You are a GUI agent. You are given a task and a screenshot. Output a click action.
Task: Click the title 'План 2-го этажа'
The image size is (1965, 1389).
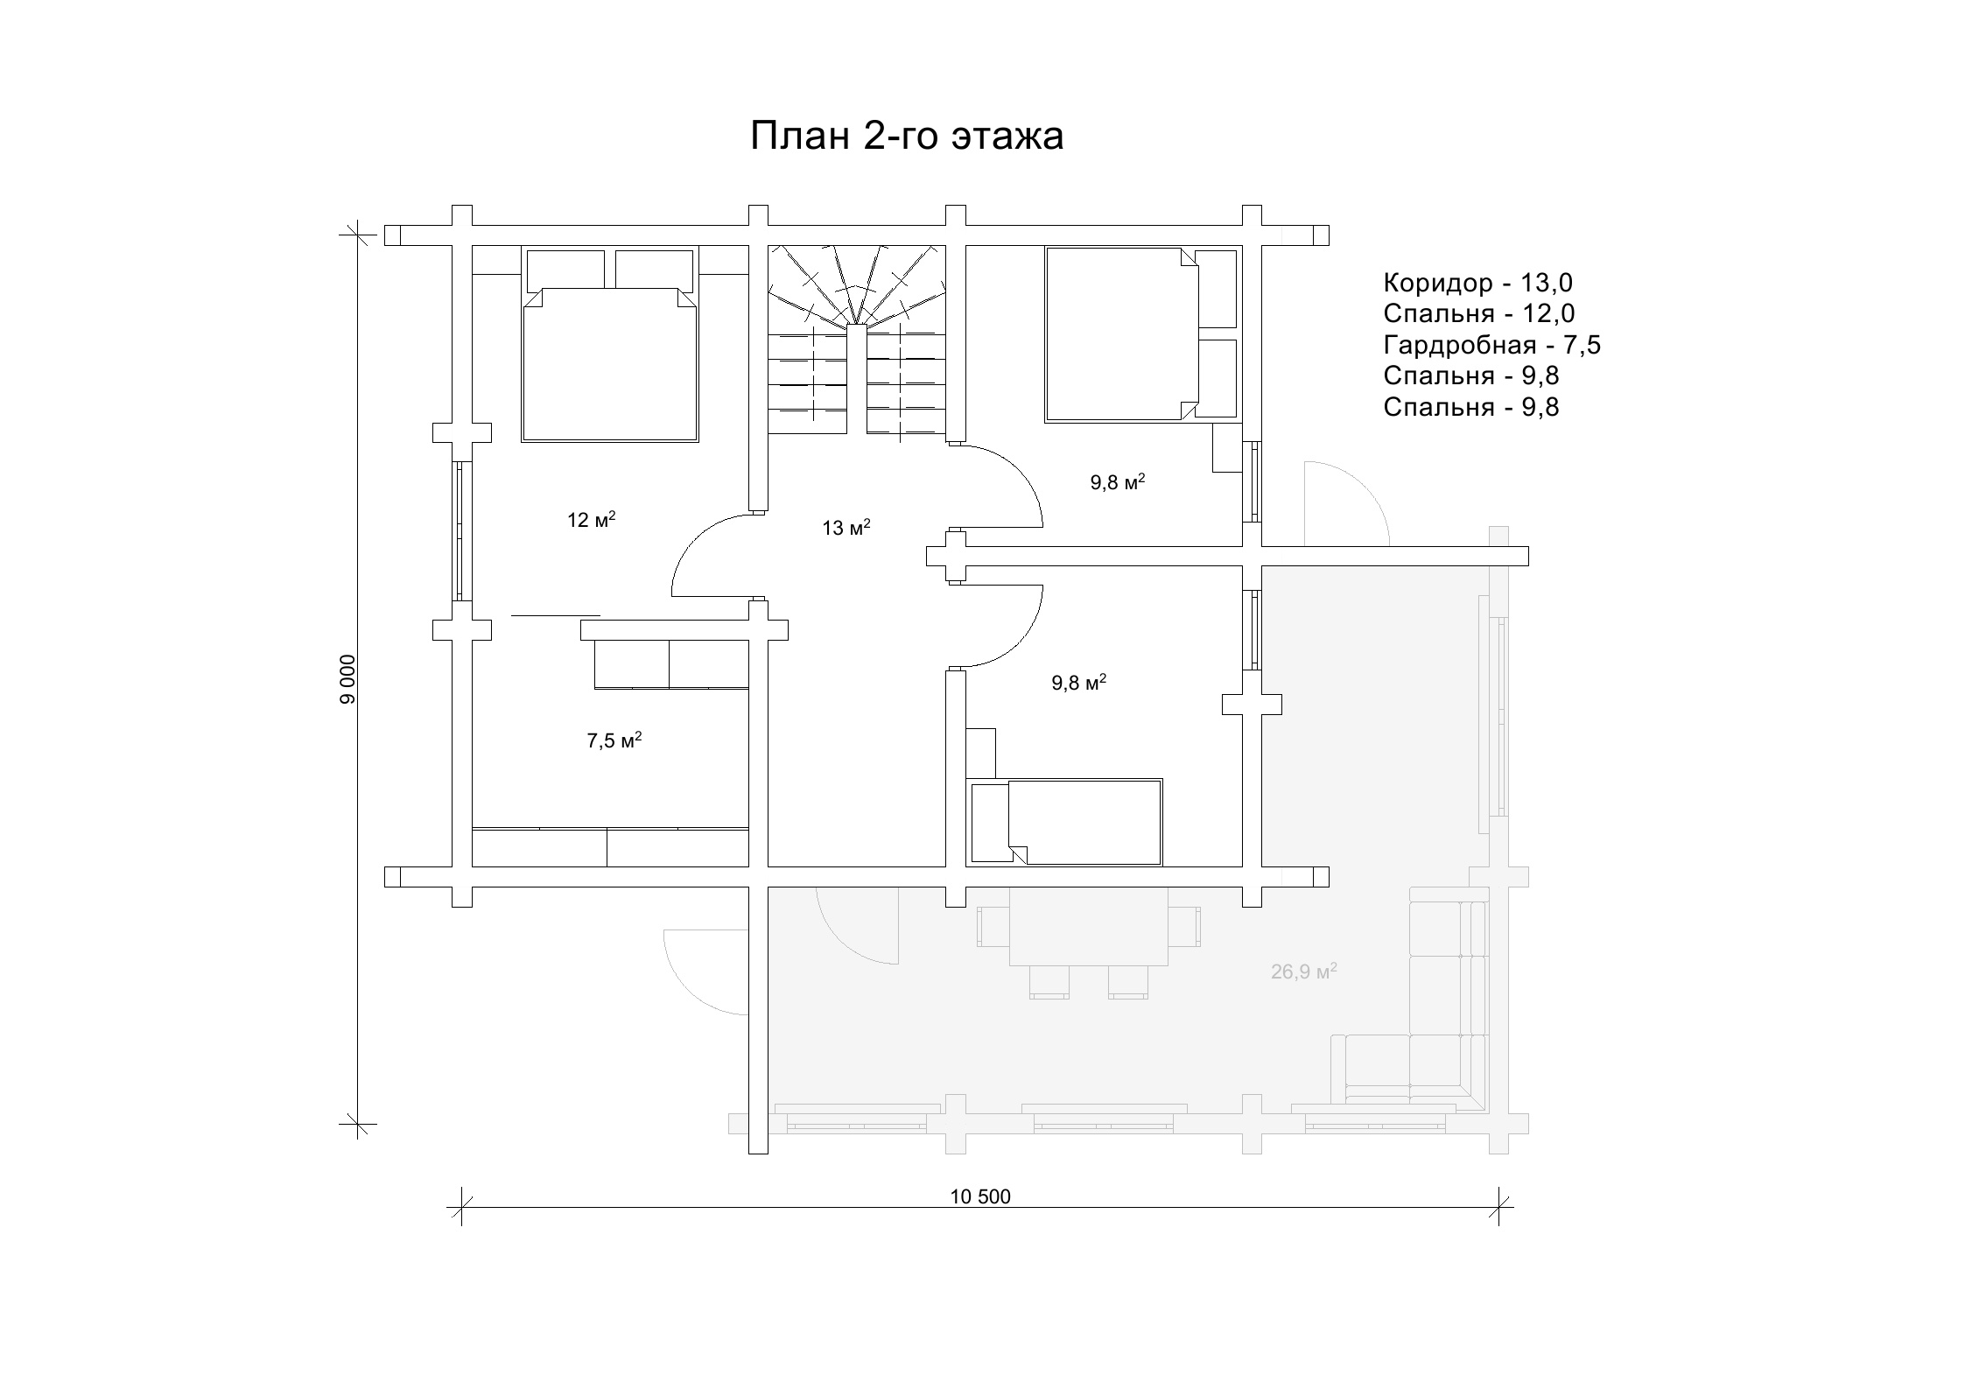point(907,137)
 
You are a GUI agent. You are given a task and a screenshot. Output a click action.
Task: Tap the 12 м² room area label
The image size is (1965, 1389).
point(591,520)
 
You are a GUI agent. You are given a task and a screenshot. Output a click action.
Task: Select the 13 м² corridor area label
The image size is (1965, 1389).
point(846,528)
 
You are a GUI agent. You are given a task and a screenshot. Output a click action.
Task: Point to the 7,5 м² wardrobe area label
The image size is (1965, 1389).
point(614,740)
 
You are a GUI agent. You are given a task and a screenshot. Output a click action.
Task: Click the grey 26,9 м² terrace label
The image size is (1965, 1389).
point(1303,971)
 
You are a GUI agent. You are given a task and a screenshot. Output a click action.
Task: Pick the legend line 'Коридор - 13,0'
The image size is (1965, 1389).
point(1477,283)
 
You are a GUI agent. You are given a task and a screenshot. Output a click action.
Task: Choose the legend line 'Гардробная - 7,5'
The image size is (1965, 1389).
point(1491,345)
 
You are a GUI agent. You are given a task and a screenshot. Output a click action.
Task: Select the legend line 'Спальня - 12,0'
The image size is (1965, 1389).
point(1479,313)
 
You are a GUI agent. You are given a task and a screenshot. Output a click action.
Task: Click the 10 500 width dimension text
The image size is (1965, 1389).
point(980,1196)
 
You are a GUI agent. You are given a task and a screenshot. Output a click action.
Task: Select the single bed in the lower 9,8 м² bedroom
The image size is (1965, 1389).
point(1065,822)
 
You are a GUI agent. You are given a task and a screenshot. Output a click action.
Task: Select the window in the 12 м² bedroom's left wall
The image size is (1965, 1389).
point(460,530)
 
